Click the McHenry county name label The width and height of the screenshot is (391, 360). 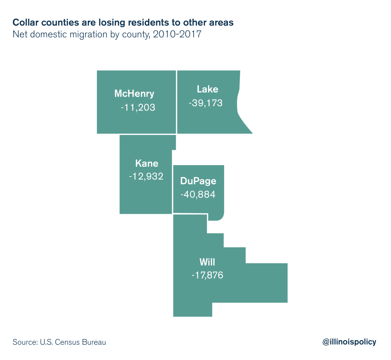point(134,94)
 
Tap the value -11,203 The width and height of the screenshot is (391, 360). point(138,107)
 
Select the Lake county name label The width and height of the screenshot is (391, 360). point(207,89)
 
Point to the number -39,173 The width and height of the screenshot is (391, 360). point(205,103)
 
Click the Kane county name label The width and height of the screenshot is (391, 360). point(147,164)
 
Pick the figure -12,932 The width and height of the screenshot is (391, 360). point(146,177)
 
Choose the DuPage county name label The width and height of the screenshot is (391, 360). point(198,181)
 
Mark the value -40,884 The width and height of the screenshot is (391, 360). point(198,194)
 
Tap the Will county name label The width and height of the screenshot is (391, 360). point(207,262)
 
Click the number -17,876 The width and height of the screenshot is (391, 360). point(207,275)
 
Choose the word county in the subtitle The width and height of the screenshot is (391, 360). point(137,34)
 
